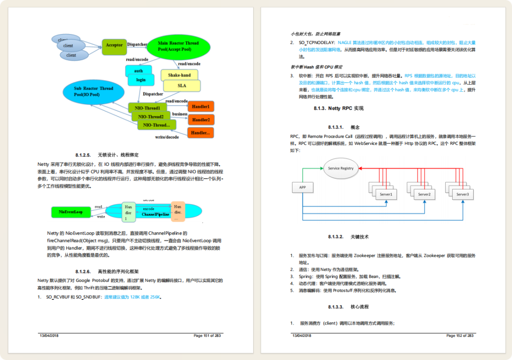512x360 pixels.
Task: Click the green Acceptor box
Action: click(114, 45)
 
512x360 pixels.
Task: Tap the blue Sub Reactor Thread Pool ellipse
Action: click(93, 91)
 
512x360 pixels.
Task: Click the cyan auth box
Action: click(138, 71)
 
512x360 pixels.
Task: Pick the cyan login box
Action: click(141, 80)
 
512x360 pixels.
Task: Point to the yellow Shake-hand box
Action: click(179, 75)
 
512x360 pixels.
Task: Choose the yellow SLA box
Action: click(182, 86)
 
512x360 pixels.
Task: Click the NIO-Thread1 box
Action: click(147, 108)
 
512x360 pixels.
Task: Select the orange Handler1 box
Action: click(201, 107)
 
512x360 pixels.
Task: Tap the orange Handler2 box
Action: click(201, 120)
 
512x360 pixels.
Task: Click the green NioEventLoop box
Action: click(71, 212)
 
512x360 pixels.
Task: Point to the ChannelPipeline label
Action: click(155, 215)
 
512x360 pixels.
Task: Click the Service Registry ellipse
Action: click(341, 168)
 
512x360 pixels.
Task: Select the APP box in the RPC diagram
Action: click(302, 188)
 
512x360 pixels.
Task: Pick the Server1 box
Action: click(385, 195)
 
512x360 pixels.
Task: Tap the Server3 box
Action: click(462, 195)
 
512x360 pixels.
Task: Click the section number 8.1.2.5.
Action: click(82, 155)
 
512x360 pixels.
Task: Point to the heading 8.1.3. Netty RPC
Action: click(338, 108)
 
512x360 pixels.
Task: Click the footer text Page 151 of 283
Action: click(207, 335)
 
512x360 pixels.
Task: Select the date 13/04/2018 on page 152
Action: click(302, 335)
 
